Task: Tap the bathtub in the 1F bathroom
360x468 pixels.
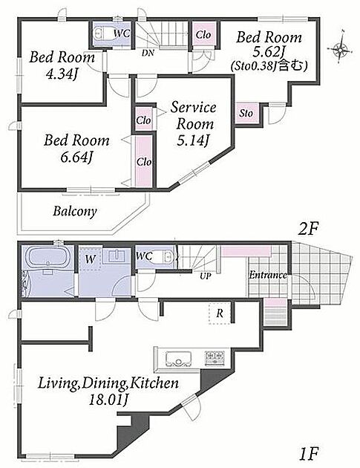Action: [48, 257]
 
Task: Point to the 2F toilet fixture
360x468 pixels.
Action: [104, 33]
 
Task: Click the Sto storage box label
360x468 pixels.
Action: [246, 113]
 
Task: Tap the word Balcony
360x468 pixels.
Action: [75, 212]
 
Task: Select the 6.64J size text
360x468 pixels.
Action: [76, 157]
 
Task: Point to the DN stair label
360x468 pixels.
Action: [148, 53]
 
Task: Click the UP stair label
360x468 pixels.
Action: [205, 276]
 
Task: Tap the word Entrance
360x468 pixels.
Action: [268, 275]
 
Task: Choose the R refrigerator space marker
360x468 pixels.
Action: [220, 313]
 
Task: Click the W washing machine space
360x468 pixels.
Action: [90, 259]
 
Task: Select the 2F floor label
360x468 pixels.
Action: [308, 230]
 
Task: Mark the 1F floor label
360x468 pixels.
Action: [309, 453]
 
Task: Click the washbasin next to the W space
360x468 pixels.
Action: [117, 256]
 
